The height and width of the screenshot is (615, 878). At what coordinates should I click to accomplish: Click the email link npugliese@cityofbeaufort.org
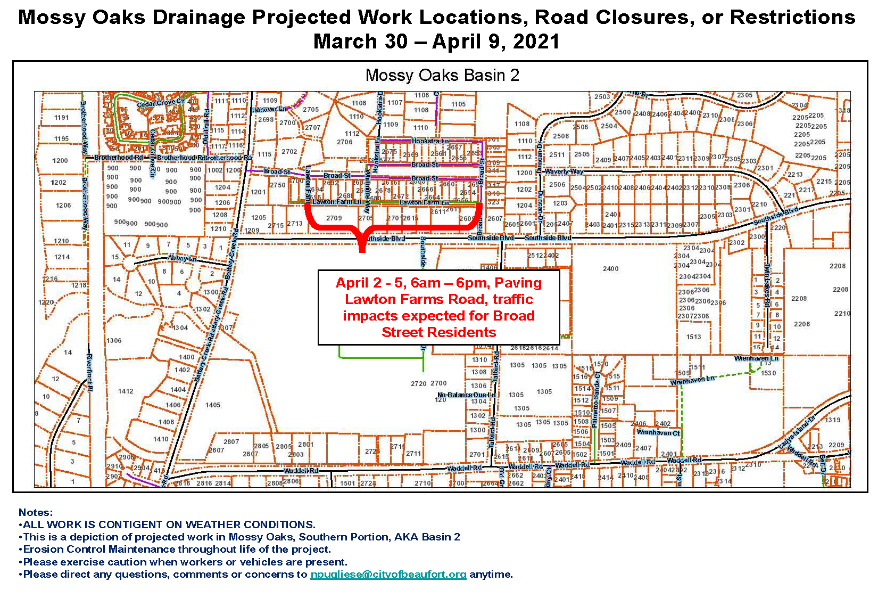point(388,575)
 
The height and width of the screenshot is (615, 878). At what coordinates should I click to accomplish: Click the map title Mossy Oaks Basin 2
point(442,75)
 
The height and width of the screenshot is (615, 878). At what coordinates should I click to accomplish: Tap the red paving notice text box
point(438,307)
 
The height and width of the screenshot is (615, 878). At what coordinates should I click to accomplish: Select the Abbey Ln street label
point(182,258)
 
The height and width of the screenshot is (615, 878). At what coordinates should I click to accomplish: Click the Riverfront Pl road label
point(89,373)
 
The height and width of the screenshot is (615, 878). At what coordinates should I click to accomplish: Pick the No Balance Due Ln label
point(466,395)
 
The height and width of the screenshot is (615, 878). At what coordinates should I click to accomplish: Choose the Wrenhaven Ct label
point(658,432)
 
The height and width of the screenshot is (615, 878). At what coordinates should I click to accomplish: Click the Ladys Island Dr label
point(796,432)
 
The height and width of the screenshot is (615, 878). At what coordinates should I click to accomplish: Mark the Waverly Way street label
point(564,171)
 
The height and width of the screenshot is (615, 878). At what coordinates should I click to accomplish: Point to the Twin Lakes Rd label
point(767,285)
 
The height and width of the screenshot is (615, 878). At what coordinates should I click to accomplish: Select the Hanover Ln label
point(269,109)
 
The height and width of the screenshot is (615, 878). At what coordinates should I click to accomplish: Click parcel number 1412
point(126,391)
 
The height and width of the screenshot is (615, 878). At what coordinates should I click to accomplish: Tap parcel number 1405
point(213,405)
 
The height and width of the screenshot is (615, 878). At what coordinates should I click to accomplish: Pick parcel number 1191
point(62,118)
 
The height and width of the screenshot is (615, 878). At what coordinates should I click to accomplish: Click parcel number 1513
point(693,337)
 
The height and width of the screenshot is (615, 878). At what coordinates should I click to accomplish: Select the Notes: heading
point(36,512)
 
